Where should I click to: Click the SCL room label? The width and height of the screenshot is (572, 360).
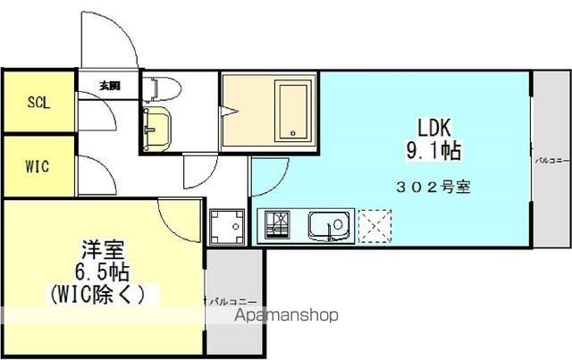pos(38,102)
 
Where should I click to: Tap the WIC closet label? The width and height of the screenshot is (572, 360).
pos(38,166)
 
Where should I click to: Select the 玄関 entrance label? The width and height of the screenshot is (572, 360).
pos(109,87)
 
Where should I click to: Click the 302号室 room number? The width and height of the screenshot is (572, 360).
pos(433,188)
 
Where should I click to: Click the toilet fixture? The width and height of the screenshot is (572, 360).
pos(162,88)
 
